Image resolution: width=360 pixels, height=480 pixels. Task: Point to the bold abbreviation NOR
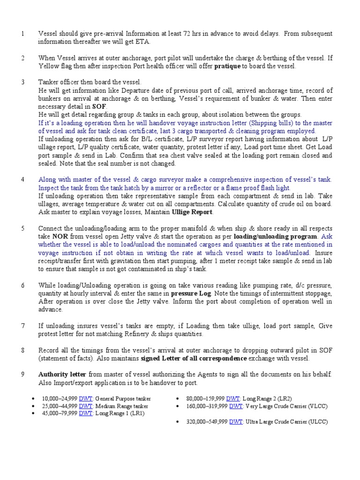60,237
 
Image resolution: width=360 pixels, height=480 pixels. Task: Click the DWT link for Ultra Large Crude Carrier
236,422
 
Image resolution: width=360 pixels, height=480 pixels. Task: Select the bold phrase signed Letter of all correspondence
194,358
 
